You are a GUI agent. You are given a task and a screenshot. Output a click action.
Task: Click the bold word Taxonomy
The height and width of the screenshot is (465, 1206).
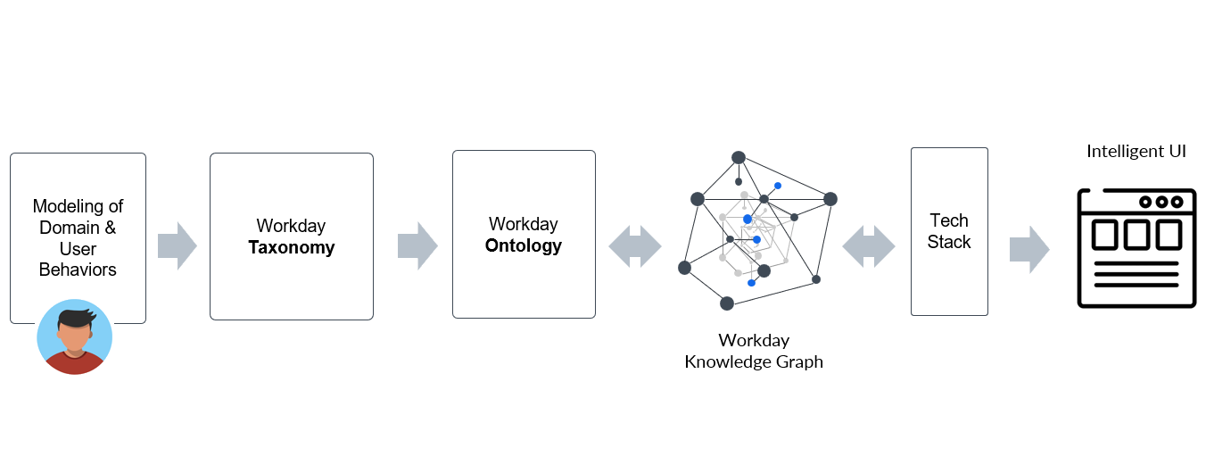291,247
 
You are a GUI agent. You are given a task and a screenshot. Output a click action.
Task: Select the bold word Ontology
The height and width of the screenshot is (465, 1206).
524,245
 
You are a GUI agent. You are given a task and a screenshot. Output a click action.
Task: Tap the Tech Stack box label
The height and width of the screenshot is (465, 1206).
948,231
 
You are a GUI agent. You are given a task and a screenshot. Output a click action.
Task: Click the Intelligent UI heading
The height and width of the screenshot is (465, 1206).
1136,152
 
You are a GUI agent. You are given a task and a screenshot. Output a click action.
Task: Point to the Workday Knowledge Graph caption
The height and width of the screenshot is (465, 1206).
754,351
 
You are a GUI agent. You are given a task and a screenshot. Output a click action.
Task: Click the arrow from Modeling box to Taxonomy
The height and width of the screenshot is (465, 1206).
177,245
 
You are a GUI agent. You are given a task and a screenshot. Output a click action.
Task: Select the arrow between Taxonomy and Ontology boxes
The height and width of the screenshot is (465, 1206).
417,245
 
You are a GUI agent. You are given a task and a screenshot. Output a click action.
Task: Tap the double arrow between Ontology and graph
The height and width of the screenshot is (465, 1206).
635,245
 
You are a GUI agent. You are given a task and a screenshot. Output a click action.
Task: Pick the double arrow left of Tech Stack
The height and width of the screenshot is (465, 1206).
868,245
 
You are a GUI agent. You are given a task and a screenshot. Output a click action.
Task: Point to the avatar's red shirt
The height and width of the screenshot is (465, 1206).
75,364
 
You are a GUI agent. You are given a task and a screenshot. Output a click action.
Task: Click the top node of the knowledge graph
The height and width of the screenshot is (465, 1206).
739,158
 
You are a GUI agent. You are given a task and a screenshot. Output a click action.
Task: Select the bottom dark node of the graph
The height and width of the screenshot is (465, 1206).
727,303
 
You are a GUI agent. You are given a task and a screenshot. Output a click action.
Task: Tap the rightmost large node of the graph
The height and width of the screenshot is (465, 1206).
830,199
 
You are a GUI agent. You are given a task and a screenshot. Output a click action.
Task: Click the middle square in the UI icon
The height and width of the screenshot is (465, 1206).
1136,235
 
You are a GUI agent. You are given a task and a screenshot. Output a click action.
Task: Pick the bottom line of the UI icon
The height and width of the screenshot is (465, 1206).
1136,286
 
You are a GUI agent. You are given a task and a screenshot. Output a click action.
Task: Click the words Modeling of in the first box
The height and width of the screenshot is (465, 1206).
78,207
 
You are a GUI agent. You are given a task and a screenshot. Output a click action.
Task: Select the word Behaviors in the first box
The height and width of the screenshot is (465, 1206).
78,270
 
